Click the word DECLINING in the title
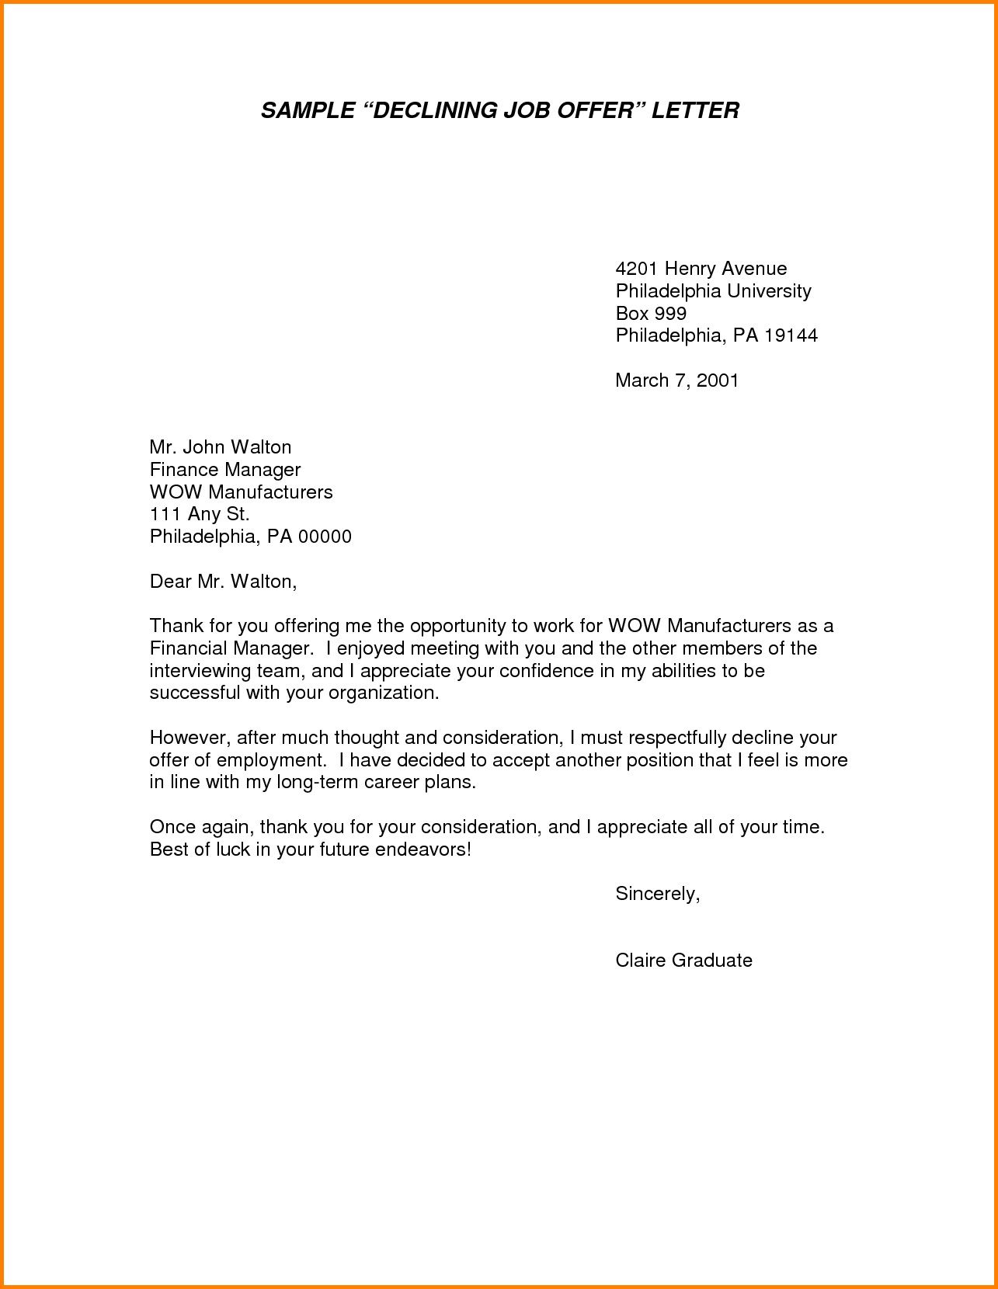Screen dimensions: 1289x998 (x=433, y=110)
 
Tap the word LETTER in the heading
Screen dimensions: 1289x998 (x=695, y=110)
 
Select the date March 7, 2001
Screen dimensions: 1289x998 (x=676, y=380)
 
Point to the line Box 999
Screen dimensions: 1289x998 (x=651, y=314)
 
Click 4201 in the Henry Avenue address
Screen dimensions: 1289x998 (x=636, y=269)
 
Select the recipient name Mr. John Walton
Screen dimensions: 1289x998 (x=221, y=447)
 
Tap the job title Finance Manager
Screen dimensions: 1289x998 (x=224, y=470)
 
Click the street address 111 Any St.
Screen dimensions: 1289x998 (x=200, y=514)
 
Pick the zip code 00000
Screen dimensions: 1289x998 (x=325, y=537)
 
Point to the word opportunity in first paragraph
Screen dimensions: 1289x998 (x=458, y=626)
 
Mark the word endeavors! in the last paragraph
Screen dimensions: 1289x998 (x=422, y=850)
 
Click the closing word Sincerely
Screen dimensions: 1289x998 (x=657, y=895)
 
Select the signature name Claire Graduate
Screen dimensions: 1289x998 (x=683, y=961)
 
